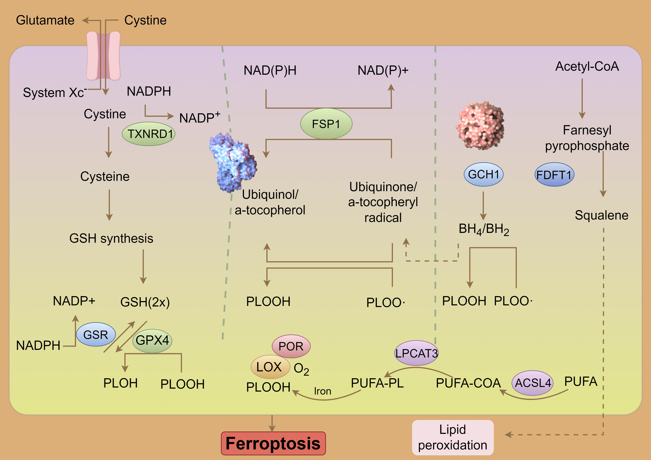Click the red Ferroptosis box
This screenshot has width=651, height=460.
(273, 443)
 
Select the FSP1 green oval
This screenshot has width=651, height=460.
(326, 124)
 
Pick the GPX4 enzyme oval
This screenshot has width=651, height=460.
(152, 340)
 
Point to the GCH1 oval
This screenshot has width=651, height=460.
(483, 174)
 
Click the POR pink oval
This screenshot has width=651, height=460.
(291, 346)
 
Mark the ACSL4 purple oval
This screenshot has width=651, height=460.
(532, 383)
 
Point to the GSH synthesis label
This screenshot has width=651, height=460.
(111, 238)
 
